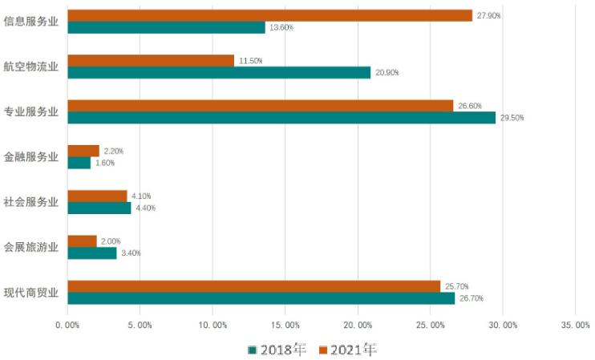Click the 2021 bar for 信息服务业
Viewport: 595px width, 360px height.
coord(269,15)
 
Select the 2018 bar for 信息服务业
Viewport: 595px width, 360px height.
coord(166,27)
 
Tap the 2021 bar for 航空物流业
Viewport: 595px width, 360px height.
coord(151,61)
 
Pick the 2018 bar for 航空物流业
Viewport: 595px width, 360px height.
coord(219,72)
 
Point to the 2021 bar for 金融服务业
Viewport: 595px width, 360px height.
coord(83,151)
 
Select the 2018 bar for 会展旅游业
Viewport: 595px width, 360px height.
coord(92,253)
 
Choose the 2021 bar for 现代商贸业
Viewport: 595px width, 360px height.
coord(254,286)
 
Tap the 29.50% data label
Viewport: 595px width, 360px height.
coord(513,118)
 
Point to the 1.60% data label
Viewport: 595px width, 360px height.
coord(106,163)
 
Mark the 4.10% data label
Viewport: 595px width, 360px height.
coord(142,196)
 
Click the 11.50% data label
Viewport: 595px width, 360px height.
coord(250,61)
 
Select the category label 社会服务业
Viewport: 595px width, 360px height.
coord(31,202)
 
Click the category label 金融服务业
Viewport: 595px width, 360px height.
coord(31,156)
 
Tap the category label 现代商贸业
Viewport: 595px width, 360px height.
coord(31,293)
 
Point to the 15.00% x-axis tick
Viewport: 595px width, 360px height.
coord(285,325)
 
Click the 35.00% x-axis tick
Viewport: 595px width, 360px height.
coord(575,325)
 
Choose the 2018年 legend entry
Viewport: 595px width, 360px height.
coord(277,350)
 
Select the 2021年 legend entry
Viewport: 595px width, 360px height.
coord(348,350)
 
